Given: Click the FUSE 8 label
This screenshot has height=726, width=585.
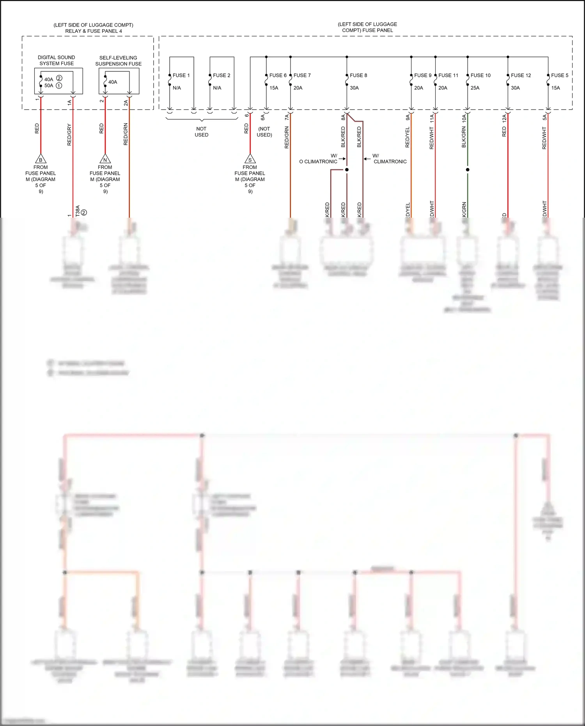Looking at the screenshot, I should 358,75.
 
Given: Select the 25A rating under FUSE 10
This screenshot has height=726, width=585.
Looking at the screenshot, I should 475,88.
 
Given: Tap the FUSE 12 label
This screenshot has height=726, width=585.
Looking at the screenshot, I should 521,75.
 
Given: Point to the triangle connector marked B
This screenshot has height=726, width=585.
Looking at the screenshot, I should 41,159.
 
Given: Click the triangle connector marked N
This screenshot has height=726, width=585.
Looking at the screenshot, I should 105,159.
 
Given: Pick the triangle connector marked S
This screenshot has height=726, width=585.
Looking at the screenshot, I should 250,159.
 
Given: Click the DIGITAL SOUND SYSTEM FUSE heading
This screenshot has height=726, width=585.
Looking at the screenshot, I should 57,60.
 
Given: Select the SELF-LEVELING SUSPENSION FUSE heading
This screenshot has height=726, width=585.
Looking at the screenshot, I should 118,60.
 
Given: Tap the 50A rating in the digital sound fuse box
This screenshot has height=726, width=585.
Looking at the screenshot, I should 49,85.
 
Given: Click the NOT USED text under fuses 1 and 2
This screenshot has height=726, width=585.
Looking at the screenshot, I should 201,131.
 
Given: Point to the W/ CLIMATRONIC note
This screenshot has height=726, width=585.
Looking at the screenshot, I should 389,158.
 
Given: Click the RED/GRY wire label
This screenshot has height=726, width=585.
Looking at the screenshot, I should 69,135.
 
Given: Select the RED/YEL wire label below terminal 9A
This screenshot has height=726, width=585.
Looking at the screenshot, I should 408,137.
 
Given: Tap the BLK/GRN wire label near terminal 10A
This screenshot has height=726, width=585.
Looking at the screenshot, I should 464,137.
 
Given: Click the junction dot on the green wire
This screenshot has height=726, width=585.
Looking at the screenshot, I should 468,170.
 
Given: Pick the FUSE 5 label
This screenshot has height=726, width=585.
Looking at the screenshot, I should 559,75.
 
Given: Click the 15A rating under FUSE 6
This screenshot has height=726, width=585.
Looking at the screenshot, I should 274,88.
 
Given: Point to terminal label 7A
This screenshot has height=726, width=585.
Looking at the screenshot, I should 287,117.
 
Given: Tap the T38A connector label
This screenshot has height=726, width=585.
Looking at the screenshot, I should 78,211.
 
